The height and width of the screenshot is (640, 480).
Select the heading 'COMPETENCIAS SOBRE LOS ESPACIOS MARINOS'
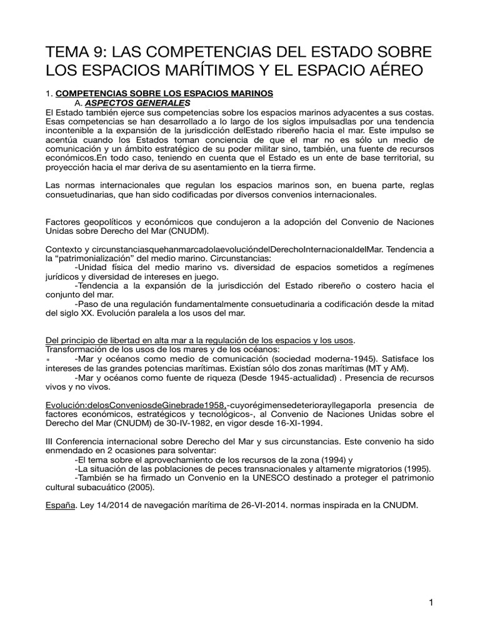pos(165,93)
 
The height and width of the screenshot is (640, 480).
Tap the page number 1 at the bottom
pos(431,602)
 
